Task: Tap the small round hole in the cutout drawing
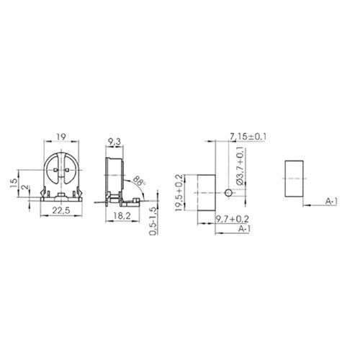pyautogui.click(x=228, y=193)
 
